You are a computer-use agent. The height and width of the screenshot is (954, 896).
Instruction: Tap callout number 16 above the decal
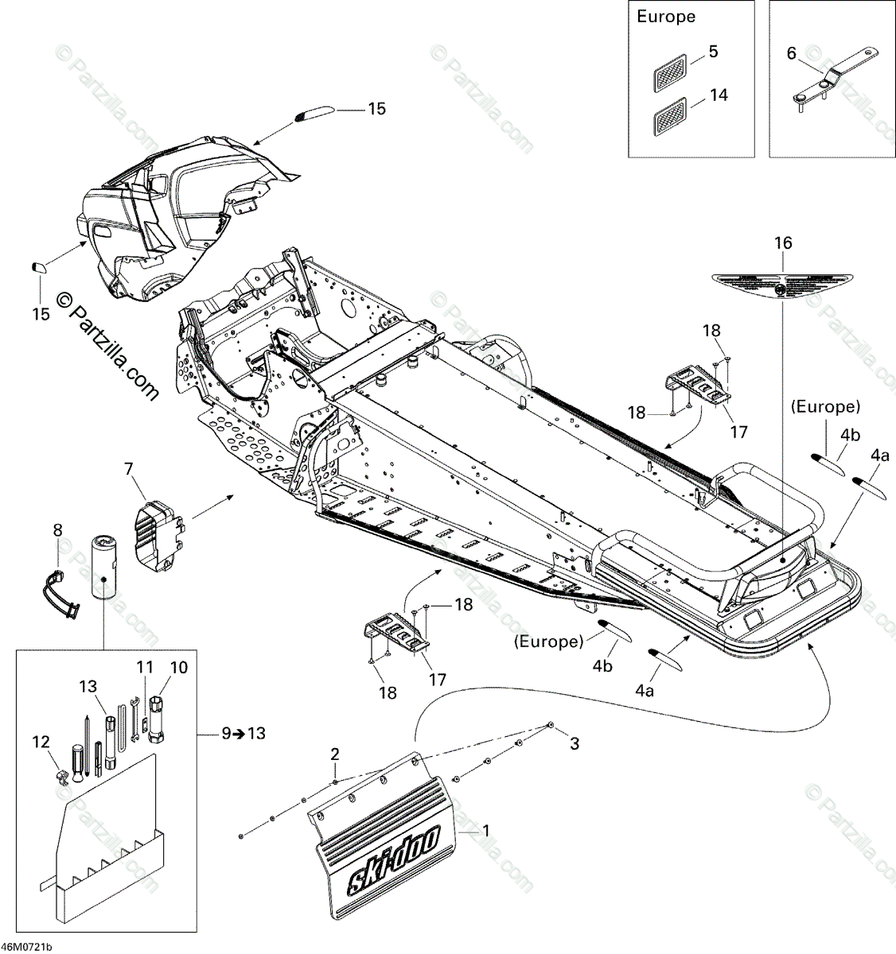[x=783, y=243]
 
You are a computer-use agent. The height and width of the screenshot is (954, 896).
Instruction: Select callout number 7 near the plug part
[x=129, y=471]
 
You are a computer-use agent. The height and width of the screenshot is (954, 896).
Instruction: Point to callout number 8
[x=56, y=529]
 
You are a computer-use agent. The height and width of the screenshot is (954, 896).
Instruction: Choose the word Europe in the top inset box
[x=666, y=17]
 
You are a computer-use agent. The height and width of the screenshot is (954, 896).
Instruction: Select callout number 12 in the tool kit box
[x=41, y=742]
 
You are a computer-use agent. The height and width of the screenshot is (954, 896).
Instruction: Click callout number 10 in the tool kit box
[x=178, y=667]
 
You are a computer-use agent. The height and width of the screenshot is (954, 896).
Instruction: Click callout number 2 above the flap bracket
[x=335, y=753]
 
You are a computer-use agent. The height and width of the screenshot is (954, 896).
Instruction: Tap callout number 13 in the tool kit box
[x=88, y=686]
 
